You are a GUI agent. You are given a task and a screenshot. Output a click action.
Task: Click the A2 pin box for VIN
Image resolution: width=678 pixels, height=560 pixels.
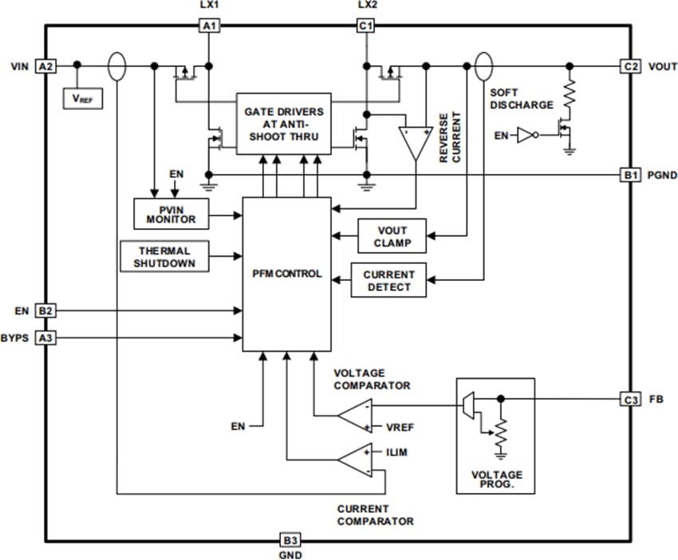click(x=45, y=66)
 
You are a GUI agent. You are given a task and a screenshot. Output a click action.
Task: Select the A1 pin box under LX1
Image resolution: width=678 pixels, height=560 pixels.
click(x=209, y=26)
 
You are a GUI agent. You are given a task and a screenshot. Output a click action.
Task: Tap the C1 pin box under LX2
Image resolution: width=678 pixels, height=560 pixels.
click(x=366, y=26)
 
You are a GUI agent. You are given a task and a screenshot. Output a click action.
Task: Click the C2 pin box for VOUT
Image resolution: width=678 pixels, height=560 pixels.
click(x=630, y=66)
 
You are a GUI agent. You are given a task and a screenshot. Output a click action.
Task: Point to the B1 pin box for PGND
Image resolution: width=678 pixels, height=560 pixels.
click(x=630, y=175)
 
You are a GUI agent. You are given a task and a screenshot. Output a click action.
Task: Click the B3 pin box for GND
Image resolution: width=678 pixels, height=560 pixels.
click(x=290, y=538)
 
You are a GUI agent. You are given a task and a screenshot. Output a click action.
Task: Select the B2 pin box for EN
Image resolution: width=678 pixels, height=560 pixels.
click(x=45, y=310)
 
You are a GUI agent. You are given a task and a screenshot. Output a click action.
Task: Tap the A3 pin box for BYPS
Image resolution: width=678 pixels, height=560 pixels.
click(x=45, y=338)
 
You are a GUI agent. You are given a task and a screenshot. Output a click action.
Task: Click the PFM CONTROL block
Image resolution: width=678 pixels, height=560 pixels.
click(x=286, y=274)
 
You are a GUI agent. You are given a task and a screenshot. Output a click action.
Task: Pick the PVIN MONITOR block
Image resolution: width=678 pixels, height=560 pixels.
click(x=171, y=214)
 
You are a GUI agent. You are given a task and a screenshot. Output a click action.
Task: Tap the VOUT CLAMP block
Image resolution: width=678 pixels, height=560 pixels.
click(x=392, y=236)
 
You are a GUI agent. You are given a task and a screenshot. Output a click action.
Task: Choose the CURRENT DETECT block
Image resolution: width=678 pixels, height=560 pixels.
click(x=388, y=280)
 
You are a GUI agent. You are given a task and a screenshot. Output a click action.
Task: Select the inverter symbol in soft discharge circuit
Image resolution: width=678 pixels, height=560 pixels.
click(x=526, y=136)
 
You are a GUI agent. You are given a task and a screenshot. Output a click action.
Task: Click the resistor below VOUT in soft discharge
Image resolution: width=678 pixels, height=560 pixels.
click(x=569, y=95)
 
